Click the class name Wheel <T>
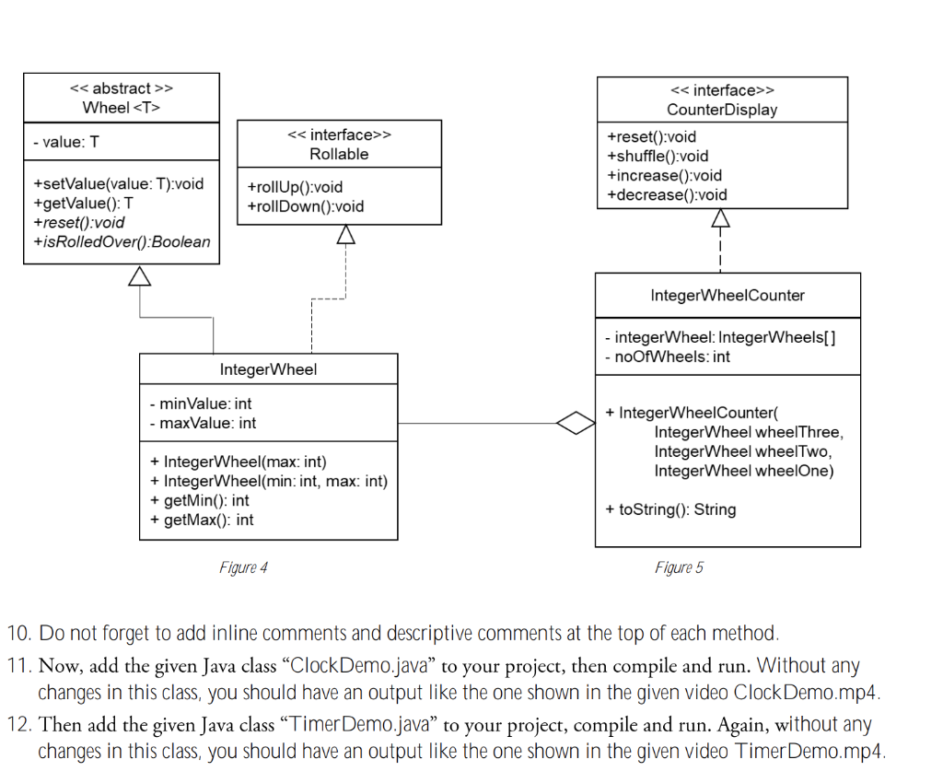click(x=122, y=108)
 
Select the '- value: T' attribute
click(x=65, y=143)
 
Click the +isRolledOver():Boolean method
click(x=122, y=242)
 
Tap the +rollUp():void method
click(x=295, y=187)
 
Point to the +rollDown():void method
click(x=306, y=206)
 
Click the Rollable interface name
click(x=339, y=154)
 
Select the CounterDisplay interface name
click(x=722, y=110)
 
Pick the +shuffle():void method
click(x=658, y=156)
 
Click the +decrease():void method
click(x=667, y=194)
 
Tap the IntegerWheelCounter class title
click(x=728, y=296)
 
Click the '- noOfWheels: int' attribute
click(x=667, y=356)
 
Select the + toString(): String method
click(x=670, y=509)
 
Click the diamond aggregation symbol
click(x=576, y=424)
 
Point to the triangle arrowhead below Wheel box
click(x=140, y=275)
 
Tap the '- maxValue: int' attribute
click(x=203, y=423)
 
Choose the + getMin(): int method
click(x=199, y=500)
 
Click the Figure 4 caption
click(x=243, y=567)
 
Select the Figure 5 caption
click(x=679, y=567)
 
